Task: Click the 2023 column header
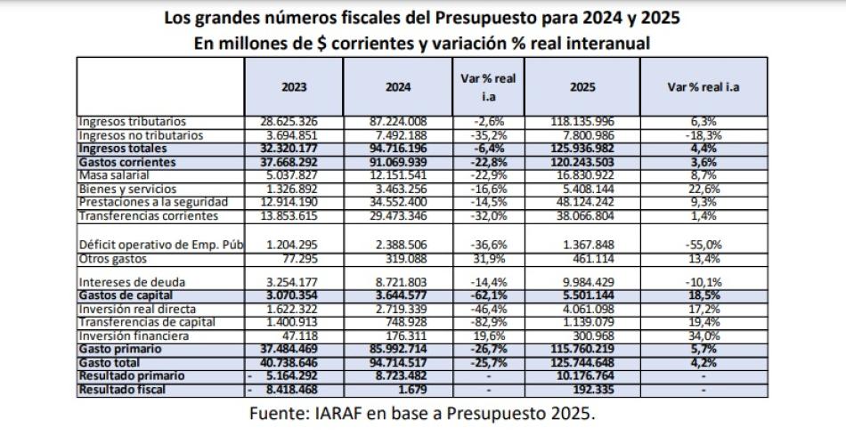292,87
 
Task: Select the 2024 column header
398,87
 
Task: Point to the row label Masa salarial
115,176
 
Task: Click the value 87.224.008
398,121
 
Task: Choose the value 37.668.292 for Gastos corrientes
292,163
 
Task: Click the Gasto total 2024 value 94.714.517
398,362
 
